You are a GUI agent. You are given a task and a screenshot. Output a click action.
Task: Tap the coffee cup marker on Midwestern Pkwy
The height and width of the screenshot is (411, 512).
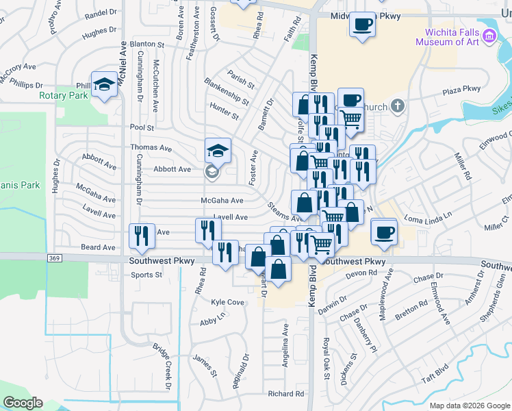(363, 25)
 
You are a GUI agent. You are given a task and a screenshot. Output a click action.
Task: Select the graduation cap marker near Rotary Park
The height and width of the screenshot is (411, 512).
(105, 85)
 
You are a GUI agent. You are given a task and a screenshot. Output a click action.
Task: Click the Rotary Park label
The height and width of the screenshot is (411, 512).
(64, 96)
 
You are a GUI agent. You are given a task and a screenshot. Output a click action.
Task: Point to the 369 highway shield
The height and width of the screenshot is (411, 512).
(55, 258)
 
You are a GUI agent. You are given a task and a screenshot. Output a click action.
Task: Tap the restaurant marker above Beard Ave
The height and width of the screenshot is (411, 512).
(142, 236)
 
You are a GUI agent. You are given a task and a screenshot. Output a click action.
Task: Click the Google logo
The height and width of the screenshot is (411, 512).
(23, 403)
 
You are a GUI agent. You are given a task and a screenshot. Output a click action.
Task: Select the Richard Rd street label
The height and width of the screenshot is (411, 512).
(285, 394)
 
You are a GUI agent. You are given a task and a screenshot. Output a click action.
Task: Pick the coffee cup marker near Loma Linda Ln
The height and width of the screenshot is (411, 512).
(385, 232)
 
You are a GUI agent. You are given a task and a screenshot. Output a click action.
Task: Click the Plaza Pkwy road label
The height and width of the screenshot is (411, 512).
(461, 90)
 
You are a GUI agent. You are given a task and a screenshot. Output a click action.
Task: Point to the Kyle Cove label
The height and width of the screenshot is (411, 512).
(228, 302)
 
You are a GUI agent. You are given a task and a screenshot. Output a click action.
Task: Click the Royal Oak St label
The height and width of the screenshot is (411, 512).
(327, 359)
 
